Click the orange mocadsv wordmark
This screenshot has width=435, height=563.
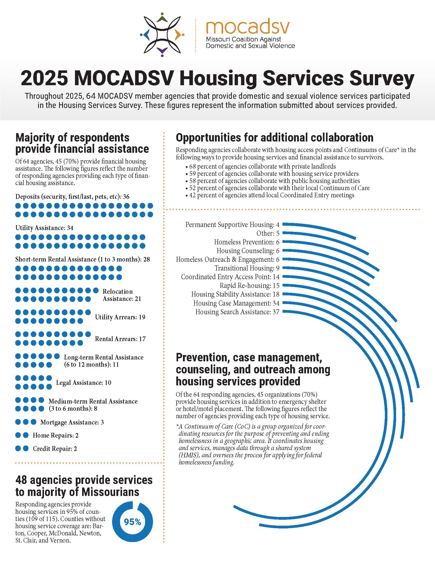pos(248,28)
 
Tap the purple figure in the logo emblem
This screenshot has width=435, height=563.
pos(162,51)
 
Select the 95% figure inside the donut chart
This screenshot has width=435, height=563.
pos(133,522)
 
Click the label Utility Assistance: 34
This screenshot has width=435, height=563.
pos(44,228)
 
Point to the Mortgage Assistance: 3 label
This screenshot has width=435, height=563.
pos(72,422)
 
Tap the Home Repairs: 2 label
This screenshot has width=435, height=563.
pos(56,435)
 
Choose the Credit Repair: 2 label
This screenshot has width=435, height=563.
pos(55,449)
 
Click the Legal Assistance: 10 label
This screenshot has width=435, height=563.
pos(84,383)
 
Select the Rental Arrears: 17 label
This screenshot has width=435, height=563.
pos(120,339)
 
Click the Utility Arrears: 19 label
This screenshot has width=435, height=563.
pos(120,317)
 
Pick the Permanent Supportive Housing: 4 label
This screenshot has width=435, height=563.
pos(232,225)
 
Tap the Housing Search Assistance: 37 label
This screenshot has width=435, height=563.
pos(237,312)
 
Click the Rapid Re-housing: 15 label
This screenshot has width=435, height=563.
pos(249,286)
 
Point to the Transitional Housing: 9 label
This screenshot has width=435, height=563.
pos(247,268)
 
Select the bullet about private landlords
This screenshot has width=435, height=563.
pos(260,166)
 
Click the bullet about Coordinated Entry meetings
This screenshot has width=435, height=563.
pos(269,195)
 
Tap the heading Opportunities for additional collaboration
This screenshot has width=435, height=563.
pos(275,138)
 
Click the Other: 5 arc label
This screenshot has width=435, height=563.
pos(268,233)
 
